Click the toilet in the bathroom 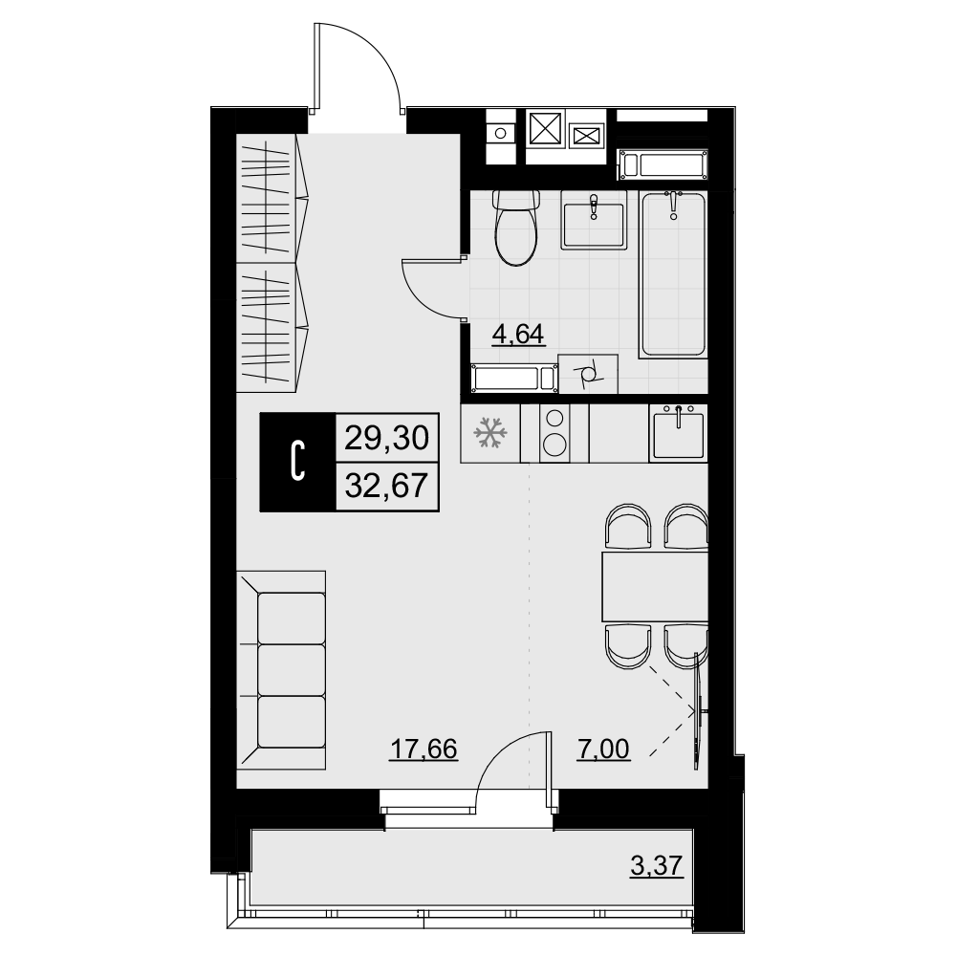click(x=517, y=228)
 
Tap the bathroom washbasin click(x=594, y=220)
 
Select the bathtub click(x=673, y=273)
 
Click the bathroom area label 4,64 click(x=517, y=335)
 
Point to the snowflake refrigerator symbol click(x=490, y=432)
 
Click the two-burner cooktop click(x=554, y=433)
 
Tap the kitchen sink click(x=679, y=433)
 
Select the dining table click(x=655, y=587)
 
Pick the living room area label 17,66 click(x=424, y=749)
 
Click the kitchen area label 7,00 click(x=603, y=749)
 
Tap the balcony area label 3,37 click(x=657, y=865)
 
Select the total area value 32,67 click(x=386, y=487)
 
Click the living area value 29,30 click(x=386, y=438)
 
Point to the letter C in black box click(x=298, y=462)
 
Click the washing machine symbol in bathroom click(x=588, y=374)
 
